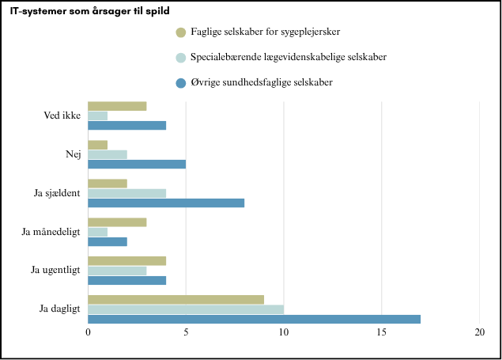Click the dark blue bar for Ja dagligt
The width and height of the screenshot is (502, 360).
click(x=254, y=319)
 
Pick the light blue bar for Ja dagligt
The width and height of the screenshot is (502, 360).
click(x=186, y=309)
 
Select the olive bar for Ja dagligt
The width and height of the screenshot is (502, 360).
click(x=176, y=300)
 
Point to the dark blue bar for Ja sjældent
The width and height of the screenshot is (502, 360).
click(x=166, y=203)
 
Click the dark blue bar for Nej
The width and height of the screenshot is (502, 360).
click(x=137, y=164)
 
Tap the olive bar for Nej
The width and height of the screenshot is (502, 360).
click(x=97, y=145)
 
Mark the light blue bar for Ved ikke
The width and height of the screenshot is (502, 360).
click(x=97, y=116)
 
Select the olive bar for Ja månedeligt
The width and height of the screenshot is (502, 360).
click(x=117, y=222)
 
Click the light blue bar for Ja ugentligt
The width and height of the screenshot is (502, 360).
click(x=117, y=271)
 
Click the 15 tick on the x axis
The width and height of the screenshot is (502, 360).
click(x=381, y=332)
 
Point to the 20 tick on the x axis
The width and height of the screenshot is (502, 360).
click(x=479, y=332)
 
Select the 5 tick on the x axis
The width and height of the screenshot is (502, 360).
click(x=186, y=332)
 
